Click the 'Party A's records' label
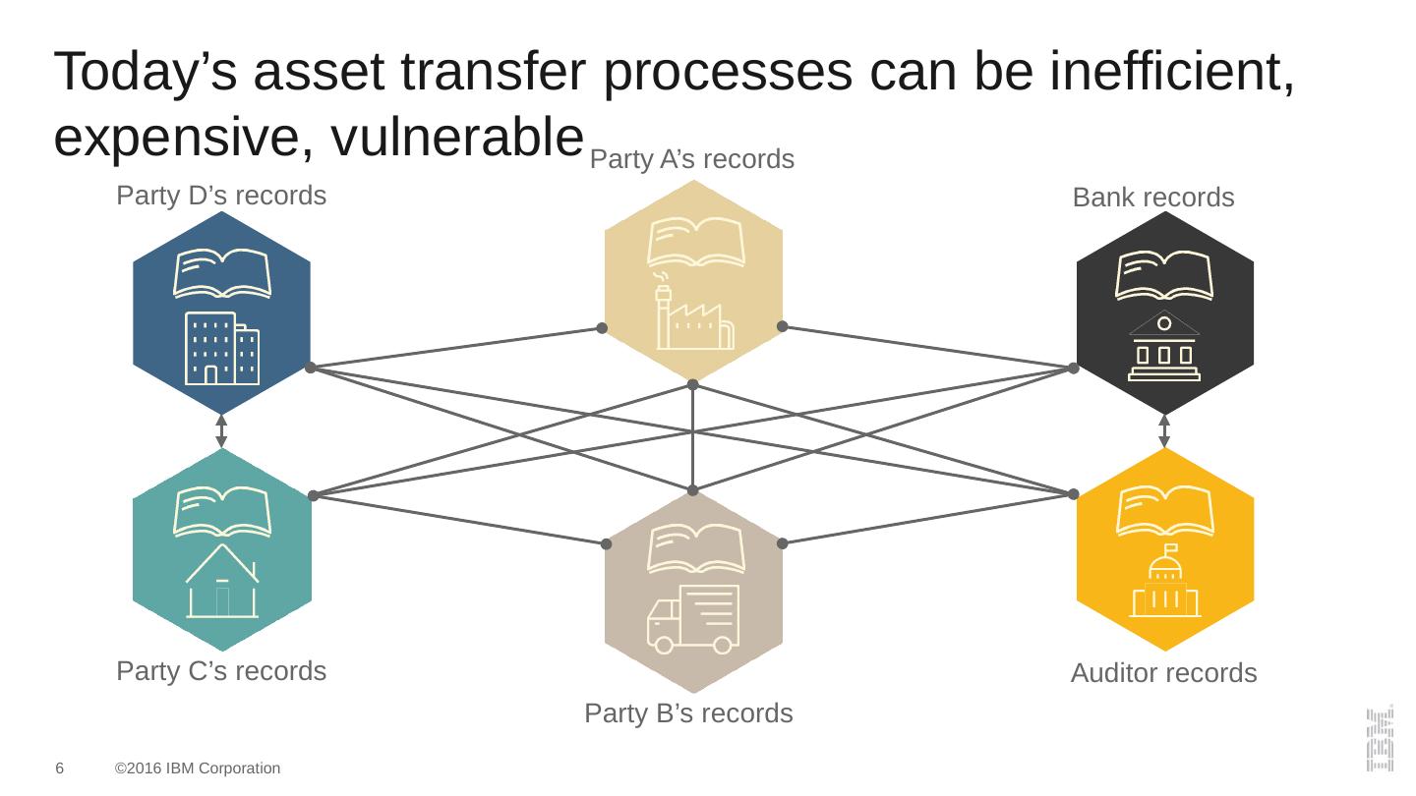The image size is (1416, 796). coord(691,159)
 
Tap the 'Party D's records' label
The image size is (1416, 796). coord(221,196)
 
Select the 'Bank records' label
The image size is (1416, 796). coord(1152,198)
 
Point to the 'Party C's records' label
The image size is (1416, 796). coord(221,671)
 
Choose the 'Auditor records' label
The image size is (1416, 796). coord(1163,673)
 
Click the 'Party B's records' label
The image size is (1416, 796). coord(688,712)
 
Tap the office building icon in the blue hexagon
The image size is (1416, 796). coord(222,348)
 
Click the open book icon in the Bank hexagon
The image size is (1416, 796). coord(1164,273)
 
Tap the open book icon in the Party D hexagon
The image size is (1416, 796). coord(222,273)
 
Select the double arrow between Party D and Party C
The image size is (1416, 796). coord(221,431)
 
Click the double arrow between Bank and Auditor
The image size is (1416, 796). coord(1164,431)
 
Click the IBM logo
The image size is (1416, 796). coord(1379,737)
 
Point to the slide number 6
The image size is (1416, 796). coord(60,768)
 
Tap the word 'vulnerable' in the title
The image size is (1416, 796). coord(449,139)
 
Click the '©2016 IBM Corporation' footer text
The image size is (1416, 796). coord(198,768)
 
